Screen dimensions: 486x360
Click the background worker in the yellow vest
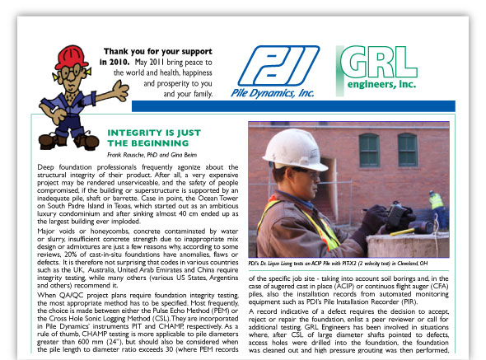pos(436,206)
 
